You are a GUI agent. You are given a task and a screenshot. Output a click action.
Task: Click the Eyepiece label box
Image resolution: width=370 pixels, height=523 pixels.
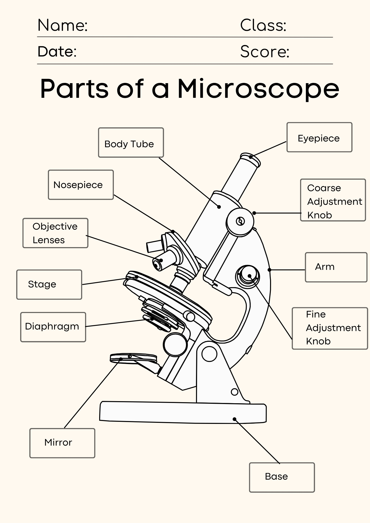[319, 137]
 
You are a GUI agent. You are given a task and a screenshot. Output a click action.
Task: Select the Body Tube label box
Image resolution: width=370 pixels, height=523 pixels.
[131, 143]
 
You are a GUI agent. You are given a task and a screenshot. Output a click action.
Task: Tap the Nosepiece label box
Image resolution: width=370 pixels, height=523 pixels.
[81, 185]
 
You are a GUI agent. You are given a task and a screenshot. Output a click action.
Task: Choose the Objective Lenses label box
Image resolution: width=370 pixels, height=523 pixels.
[55, 233]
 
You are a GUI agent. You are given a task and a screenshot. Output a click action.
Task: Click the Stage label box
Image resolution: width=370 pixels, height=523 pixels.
[49, 285]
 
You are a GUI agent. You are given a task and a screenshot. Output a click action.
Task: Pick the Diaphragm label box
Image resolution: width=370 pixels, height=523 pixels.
[53, 327]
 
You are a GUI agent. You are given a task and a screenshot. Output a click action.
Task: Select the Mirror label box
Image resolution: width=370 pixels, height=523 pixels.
[62, 443]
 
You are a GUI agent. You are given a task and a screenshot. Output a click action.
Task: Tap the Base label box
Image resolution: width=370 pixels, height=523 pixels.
[282, 477]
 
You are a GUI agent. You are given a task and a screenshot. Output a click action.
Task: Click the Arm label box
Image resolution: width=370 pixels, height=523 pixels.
[336, 267]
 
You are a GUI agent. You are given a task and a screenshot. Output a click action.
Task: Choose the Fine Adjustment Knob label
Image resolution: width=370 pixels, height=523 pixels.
[330, 328]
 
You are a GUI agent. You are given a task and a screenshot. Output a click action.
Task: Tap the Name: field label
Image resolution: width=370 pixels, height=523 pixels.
[62, 26]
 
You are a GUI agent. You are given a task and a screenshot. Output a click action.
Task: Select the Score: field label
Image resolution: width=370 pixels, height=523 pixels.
[265, 52]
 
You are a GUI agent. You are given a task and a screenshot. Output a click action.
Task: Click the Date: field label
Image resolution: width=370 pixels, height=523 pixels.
[57, 52]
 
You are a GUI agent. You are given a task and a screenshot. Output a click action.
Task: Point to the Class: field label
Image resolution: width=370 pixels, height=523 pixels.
[263, 26]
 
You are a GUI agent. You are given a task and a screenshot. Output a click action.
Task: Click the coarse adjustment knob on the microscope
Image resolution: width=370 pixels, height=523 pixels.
[240, 221]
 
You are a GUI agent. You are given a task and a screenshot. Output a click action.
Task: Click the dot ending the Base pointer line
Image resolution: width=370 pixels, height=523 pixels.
[234, 419]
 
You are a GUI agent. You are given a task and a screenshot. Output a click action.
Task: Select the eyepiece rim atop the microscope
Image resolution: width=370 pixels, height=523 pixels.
[250, 158]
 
